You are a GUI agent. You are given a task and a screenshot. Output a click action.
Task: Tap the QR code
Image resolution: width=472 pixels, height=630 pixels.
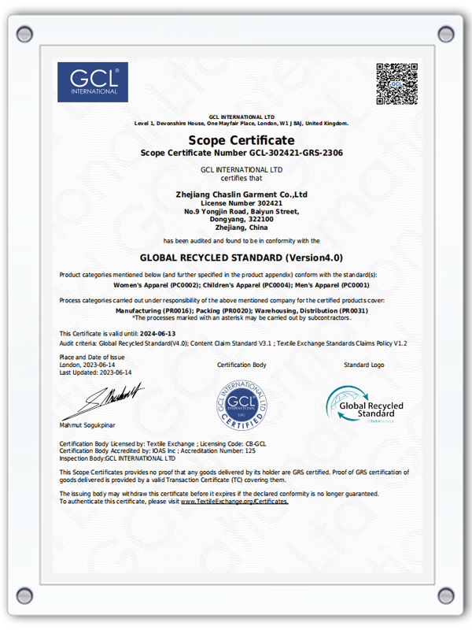tap(396, 83)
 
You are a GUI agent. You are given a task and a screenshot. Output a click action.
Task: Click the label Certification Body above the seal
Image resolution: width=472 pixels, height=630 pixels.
tap(242, 365)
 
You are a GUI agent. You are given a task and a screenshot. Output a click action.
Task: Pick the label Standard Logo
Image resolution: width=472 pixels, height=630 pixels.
tap(364, 365)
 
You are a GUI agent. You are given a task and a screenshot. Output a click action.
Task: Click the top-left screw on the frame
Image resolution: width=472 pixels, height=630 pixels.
tap(26, 34)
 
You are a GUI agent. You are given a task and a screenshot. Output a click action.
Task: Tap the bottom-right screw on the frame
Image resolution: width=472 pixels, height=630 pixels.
tap(445, 595)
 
